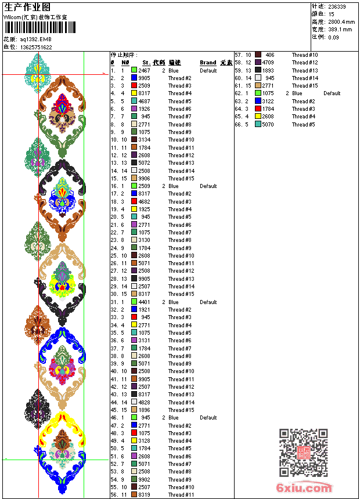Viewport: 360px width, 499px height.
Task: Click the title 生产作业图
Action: [x=27, y=7]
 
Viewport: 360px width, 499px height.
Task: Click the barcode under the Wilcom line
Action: [x=35, y=27]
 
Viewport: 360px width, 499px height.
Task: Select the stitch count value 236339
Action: [x=337, y=6]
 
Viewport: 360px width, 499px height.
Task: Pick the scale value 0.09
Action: [x=333, y=37]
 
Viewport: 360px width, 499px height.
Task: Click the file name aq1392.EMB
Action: [x=35, y=39]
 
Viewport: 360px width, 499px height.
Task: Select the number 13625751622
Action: [x=36, y=47]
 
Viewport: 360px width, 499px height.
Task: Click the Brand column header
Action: [x=208, y=62]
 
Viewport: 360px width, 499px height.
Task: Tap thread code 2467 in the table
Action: [x=144, y=70]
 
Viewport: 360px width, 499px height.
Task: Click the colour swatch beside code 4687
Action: [x=134, y=101]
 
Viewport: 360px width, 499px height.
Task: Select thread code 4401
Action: [x=144, y=302]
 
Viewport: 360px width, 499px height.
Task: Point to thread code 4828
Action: [x=144, y=402]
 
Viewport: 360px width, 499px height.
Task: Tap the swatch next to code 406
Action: [x=258, y=55]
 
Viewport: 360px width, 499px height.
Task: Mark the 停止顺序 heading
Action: [x=124, y=55]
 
